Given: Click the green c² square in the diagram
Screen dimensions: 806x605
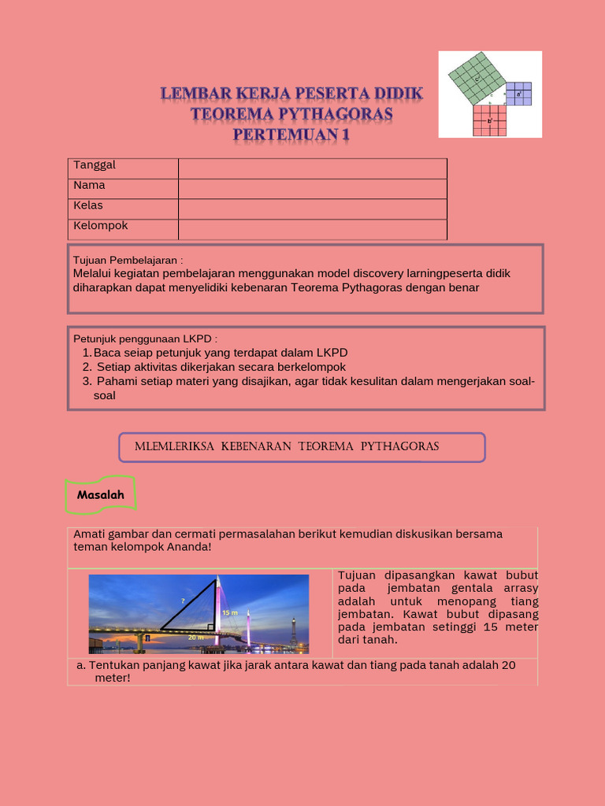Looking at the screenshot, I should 476,78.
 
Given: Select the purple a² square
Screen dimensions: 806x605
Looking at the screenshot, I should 518,94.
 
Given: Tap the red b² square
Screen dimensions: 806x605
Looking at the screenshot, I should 488,120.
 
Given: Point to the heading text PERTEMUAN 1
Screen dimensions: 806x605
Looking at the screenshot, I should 291,135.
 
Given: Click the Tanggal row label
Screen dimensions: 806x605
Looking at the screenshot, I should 95,165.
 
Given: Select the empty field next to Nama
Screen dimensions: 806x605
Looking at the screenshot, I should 312,189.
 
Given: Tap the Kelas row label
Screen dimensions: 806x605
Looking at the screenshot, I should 88,206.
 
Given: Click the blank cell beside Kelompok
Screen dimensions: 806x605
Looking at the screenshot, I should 312,229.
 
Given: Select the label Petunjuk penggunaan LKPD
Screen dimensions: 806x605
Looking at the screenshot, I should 145,338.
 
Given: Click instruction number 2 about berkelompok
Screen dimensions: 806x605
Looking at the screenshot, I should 221,367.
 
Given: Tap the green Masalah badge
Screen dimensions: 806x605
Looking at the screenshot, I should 101,495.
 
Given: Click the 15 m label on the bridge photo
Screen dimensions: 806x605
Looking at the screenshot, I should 229,612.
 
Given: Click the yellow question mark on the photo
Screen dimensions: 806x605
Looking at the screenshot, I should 183,601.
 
